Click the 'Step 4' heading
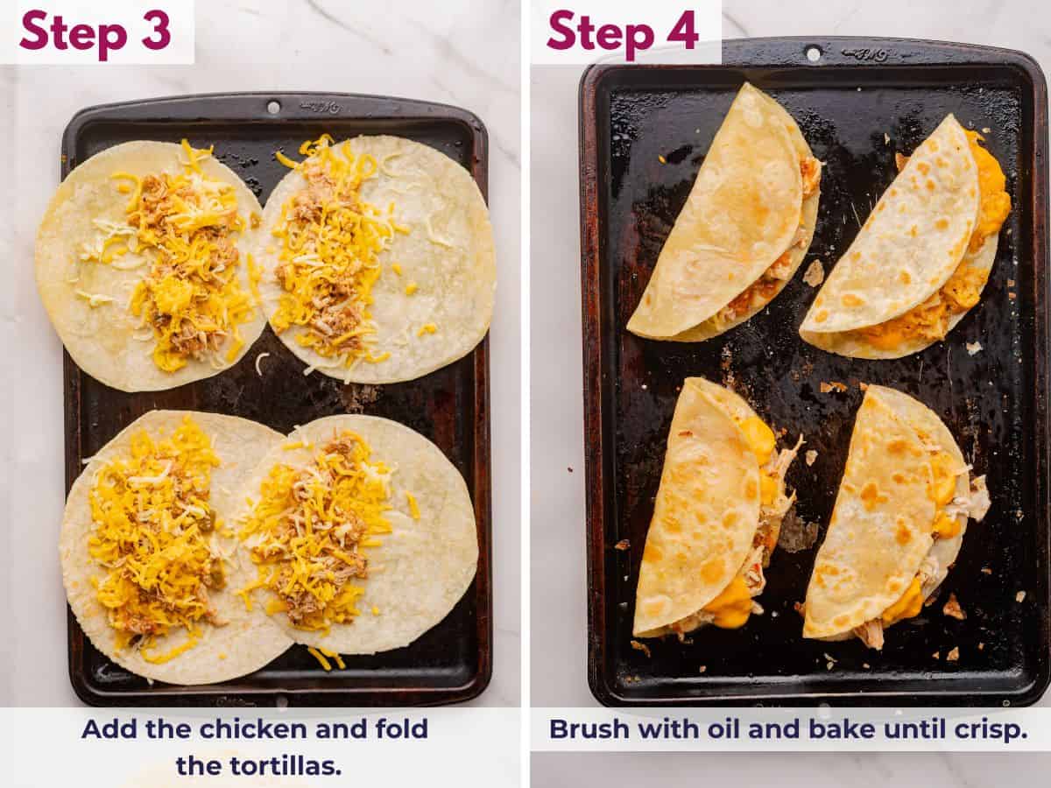(x=623, y=32)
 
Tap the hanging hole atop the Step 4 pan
(x=814, y=53)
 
